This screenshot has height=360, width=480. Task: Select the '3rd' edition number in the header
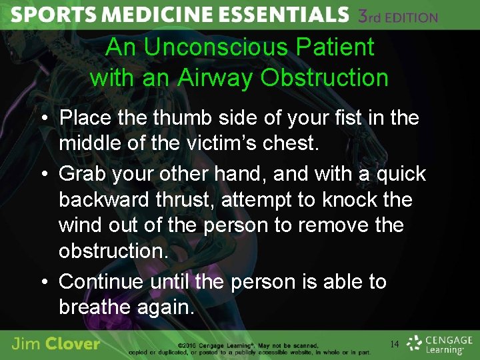pyautogui.click(x=373, y=16)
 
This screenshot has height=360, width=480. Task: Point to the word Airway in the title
pyautogui.click(x=218, y=78)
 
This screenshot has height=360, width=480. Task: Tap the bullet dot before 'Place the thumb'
pyautogui.click(x=42, y=119)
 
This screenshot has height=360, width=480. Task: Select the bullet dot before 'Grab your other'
pyautogui.click(x=42, y=175)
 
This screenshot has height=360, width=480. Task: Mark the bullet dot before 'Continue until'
pyautogui.click(x=42, y=283)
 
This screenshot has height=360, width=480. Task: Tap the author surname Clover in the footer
pyautogui.click(x=73, y=345)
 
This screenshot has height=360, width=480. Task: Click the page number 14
pyautogui.click(x=395, y=344)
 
